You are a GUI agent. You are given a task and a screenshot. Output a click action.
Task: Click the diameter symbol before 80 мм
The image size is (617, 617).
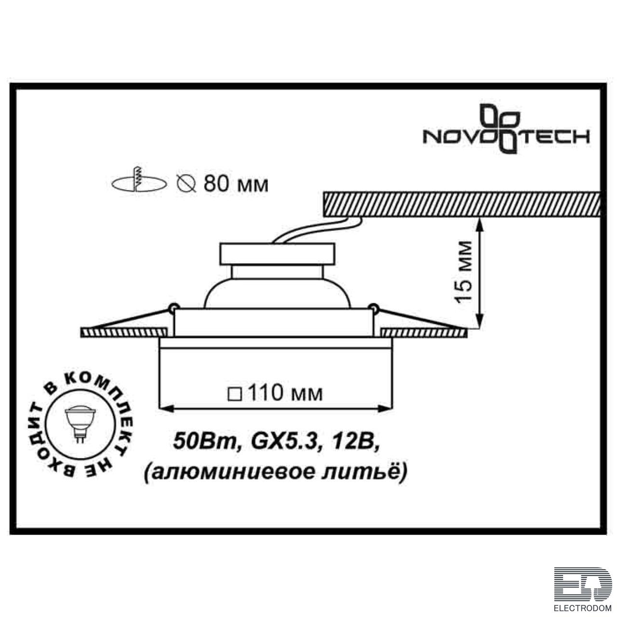pyautogui.click(x=187, y=185)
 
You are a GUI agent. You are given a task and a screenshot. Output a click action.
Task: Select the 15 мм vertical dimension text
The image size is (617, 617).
pyautogui.click(x=464, y=271)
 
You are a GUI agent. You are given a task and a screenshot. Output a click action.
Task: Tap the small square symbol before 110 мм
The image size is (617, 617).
pyautogui.click(x=234, y=394)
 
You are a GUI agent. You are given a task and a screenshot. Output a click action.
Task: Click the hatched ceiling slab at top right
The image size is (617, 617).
pyautogui.click(x=461, y=204)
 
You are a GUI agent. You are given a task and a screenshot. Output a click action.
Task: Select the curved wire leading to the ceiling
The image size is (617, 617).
pyautogui.click(x=317, y=229)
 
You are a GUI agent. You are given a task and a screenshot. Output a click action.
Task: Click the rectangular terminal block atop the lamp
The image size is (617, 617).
pyautogui.click(x=277, y=254)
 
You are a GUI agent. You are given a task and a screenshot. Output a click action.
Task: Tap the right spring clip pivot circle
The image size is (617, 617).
pyautogui.click(x=373, y=307)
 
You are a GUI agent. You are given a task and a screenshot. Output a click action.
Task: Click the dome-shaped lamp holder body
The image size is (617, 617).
pyautogui.click(x=277, y=293)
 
